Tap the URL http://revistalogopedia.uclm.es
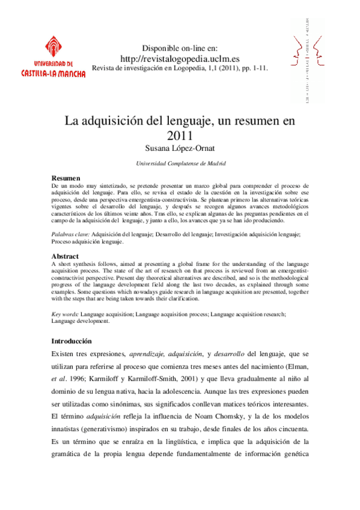(x=180, y=58)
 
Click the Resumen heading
(x=66, y=179)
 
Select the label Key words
(x=65, y=314)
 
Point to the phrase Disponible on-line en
(x=180, y=48)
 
